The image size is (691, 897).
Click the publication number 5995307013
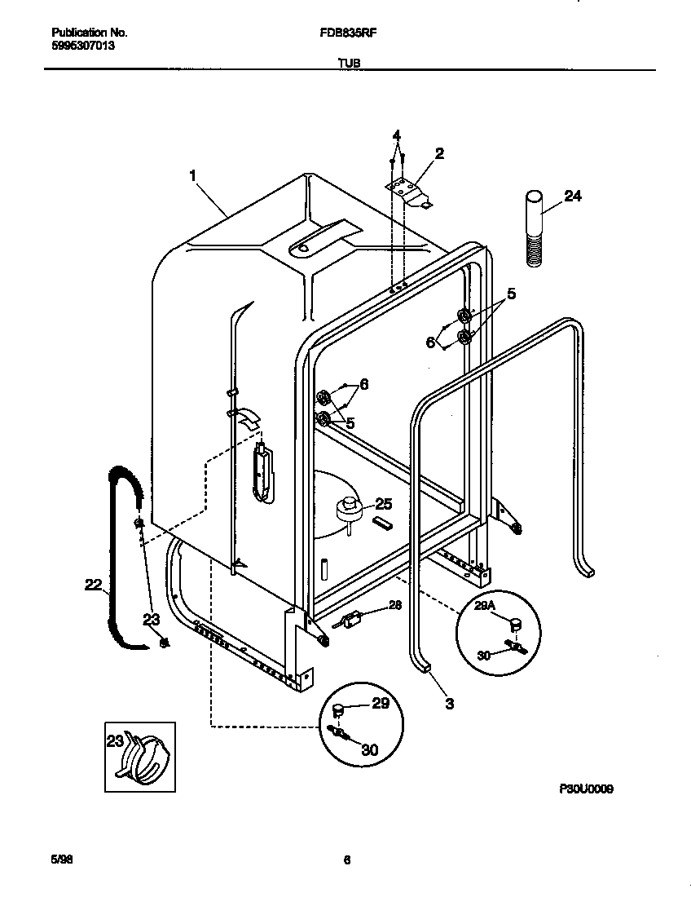[x=83, y=46]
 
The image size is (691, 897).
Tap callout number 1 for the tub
[x=193, y=175]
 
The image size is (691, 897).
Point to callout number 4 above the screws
[x=397, y=135]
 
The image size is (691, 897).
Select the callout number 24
[x=573, y=196]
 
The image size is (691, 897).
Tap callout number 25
[x=383, y=504]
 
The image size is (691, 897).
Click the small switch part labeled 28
[x=350, y=620]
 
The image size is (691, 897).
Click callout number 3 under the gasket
[x=449, y=703]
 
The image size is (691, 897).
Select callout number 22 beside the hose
[x=95, y=583]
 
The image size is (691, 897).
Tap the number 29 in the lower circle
[x=381, y=703]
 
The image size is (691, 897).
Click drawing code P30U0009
[x=586, y=789]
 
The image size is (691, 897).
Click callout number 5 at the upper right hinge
[x=512, y=294]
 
